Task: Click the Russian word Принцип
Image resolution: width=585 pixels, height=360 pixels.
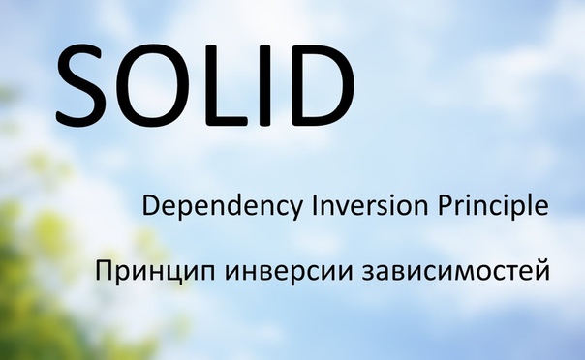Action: point(148,272)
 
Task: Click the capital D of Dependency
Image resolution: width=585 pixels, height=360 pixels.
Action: point(151,205)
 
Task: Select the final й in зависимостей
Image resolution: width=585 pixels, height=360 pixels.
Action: point(542,270)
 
